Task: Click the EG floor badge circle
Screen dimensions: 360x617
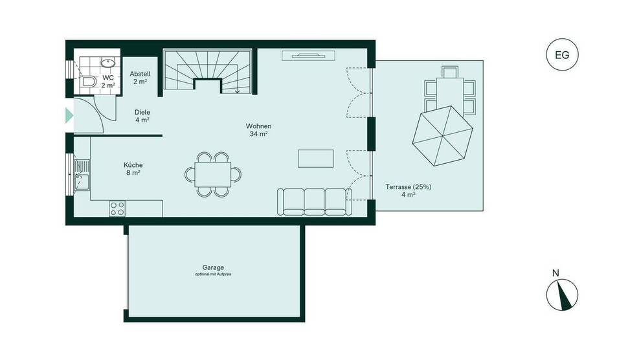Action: point(562,55)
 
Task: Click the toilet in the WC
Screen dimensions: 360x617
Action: point(86,82)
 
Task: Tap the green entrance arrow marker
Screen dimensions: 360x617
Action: point(69,116)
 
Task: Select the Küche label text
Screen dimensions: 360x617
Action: point(133,165)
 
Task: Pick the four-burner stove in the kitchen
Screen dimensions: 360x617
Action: point(117,208)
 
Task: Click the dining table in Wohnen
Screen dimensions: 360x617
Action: point(212,174)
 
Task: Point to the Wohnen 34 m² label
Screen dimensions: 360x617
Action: point(258,129)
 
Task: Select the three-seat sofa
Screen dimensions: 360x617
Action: point(313,201)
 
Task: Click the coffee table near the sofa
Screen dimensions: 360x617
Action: point(315,159)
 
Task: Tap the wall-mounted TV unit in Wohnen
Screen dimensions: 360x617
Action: point(308,56)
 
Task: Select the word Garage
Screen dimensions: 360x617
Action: point(213,267)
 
